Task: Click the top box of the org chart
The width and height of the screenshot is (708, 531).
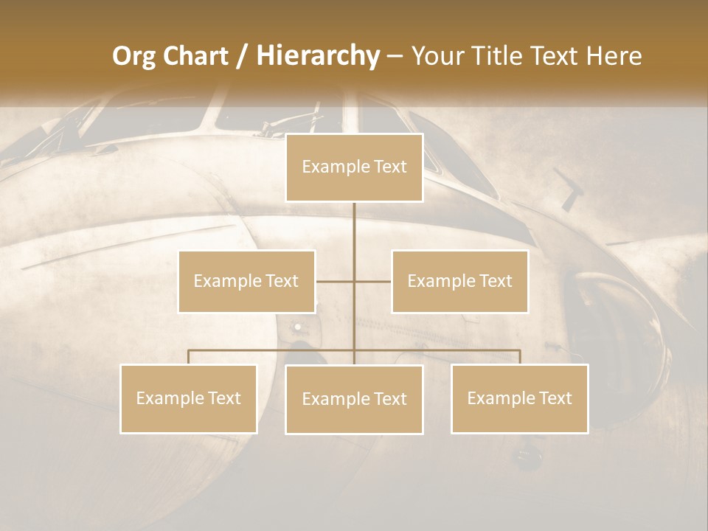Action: click(354, 167)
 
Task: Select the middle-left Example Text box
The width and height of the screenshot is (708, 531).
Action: click(246, 281)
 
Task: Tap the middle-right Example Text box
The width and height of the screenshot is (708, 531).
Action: click(459, 281)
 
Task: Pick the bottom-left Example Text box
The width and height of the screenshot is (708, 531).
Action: click(189, 398)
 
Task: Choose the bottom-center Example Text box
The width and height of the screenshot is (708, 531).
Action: click(354, 399)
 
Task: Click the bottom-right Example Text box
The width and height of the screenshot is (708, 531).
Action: click(519, 398)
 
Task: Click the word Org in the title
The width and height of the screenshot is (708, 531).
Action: click(133, 56)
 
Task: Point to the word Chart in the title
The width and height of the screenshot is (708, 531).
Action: click(195, 56)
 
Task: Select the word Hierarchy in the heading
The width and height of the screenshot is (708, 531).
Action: click(317, 56)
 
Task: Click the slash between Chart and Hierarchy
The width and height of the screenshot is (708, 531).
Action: click(242, 56)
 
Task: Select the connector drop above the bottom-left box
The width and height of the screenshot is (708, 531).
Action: click(189, 357)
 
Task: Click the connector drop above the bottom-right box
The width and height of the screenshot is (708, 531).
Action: click(519, 357)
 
